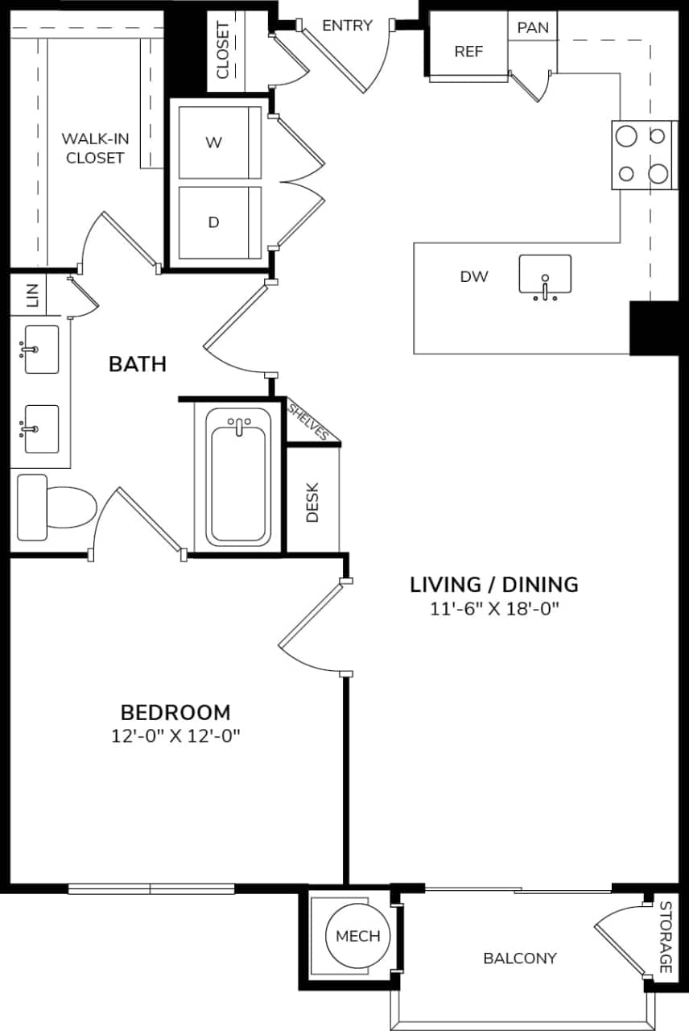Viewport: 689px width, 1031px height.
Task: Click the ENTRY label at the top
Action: pos(347,26)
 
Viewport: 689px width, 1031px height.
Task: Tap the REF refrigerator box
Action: pos(468,51)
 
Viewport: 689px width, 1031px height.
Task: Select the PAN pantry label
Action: pos(532,27)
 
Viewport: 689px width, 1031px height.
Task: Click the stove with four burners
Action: pos(642,155)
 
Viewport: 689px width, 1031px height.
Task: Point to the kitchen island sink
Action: pos(545,276)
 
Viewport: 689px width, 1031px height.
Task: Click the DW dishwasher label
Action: pos(474,277)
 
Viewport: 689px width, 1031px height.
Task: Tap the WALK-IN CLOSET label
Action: pos(95,148)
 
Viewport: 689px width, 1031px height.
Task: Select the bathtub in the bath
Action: pos(237,476)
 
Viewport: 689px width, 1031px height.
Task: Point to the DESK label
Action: pos(312,502)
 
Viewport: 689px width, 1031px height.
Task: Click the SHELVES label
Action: pos(309,420)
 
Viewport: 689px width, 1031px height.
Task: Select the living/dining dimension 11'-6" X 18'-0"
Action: pos(494,610)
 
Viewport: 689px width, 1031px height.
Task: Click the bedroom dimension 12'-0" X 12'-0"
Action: pos(175,736)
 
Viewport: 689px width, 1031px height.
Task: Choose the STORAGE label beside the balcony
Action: pos(665,937)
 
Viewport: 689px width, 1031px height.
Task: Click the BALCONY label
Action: pos(519,959)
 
